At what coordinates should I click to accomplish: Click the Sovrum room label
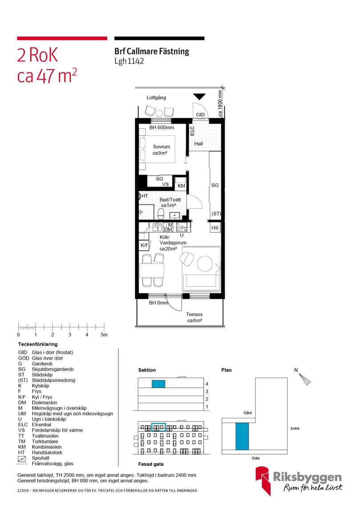pyautogui.click(x=161, y=147)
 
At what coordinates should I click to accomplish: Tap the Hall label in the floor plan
pyautogui.click(x=198, y=144)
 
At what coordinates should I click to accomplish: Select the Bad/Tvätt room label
pyautogui.click(x=170, y=200)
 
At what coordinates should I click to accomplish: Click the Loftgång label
pyautogui.click(x=156, y=97)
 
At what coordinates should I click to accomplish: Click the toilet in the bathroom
pyautogui.click(x=160, y=215)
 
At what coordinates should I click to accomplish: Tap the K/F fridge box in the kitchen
pyautogui.click(x=144, y=245)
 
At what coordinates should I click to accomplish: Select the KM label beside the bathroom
pyautogui.click(x=181, y=185)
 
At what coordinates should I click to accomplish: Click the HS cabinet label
pyautogui.click(x=215, y=228)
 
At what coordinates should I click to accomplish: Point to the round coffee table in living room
pyautogui.click(x=205, y=264)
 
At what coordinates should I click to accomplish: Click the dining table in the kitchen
pyautogui.click(x=152, y=270)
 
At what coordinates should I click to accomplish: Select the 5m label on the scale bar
pyautogui.click(x=104, y=335)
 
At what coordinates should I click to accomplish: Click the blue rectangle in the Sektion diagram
pyautogui.click(x=159, y=384)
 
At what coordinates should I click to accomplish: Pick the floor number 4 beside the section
pyautogui.click(x=206, y=384)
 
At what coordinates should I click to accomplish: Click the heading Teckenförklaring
pyautogui.click(x=38, y=345)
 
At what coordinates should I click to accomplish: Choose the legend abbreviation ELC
pyautogui.click(x=23, y=425)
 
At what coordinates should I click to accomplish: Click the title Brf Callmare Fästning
pyautogui.click(x=152, y=52)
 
